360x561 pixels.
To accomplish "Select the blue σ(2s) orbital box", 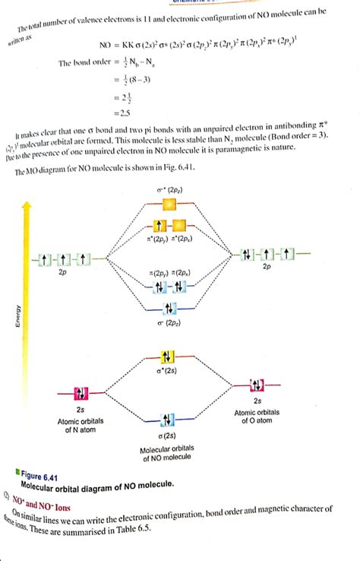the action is pos(169,420).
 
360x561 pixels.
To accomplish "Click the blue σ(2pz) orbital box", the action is pos(169,308).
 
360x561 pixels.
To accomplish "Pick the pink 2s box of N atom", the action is pos(81,393).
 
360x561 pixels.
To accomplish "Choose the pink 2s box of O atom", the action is pos(257,384).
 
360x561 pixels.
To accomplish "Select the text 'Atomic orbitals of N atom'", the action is pos(81,426).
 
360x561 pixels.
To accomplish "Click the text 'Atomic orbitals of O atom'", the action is pos(257,416).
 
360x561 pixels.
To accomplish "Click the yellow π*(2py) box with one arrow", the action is pos(159,226).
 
